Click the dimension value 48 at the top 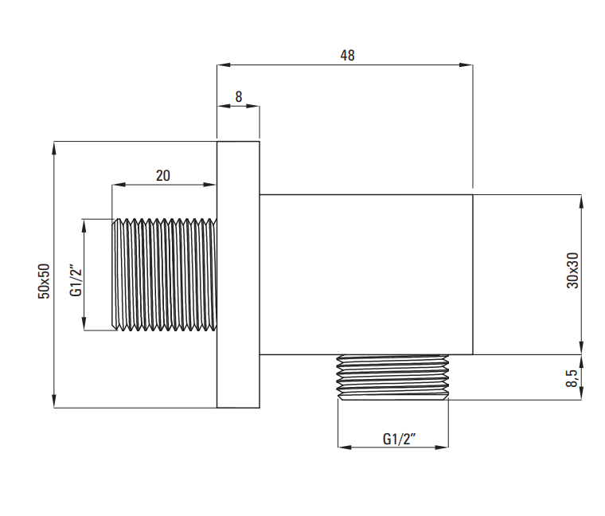tap(347, 55)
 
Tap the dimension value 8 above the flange tap(239, 96)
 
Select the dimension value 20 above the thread tap(163, 176)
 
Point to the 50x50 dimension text tap(44, 280)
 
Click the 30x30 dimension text tap(573, 270)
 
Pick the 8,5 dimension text tap(572, 377)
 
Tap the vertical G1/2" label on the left tap(76, 280)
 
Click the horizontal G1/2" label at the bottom tap(399, 439)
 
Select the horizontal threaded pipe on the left tap(164, 275)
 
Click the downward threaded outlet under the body tap(392, 377)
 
